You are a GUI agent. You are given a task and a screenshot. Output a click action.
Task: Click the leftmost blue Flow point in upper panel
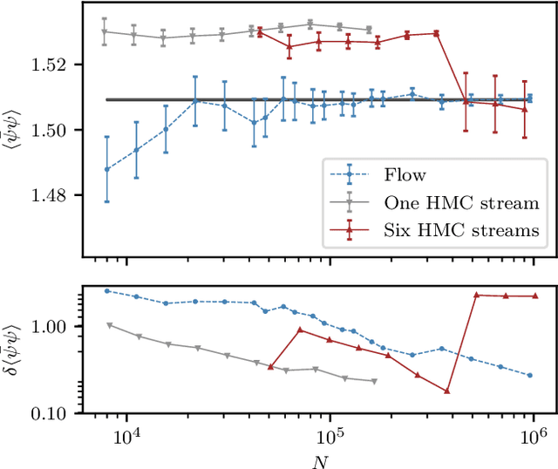(107, 169)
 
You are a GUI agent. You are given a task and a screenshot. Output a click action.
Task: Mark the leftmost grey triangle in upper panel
(105, 32)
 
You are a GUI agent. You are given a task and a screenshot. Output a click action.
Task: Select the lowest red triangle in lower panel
(446, 391)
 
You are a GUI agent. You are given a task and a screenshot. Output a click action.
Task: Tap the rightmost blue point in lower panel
(530, 376)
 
